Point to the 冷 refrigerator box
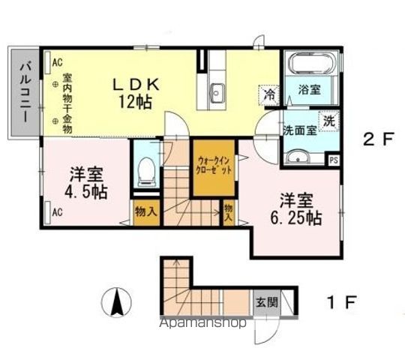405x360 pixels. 268,95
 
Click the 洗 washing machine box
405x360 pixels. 329,119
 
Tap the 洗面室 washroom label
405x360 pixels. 299,129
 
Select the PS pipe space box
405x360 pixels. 334,159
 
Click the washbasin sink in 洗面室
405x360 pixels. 299,157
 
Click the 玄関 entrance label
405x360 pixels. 265,302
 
